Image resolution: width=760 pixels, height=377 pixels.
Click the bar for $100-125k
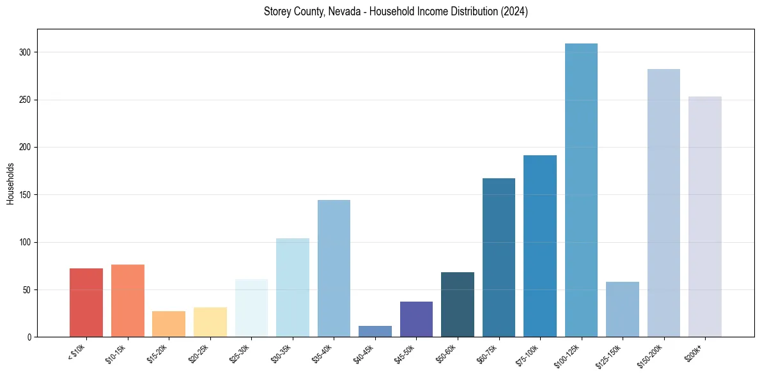[x=581, y=190]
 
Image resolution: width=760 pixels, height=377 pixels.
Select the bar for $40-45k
[x=375, y=331]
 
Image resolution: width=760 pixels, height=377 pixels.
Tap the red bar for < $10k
[x=86, y=302]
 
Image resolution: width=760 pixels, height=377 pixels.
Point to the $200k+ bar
[x=704, y=217]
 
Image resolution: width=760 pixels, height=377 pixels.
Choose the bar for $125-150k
[x=622, y=309]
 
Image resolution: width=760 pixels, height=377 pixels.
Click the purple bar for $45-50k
[x=416, y=319]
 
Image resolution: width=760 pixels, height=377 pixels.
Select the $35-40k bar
[x=334, y=268]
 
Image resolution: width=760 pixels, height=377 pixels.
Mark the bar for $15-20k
[x=169, y=324]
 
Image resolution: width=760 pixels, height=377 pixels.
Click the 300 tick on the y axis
[x=26, y=52]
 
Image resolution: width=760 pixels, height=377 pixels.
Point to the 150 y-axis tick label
[x=26, y=195]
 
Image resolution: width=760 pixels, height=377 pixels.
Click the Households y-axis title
[x=11, y=183]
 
